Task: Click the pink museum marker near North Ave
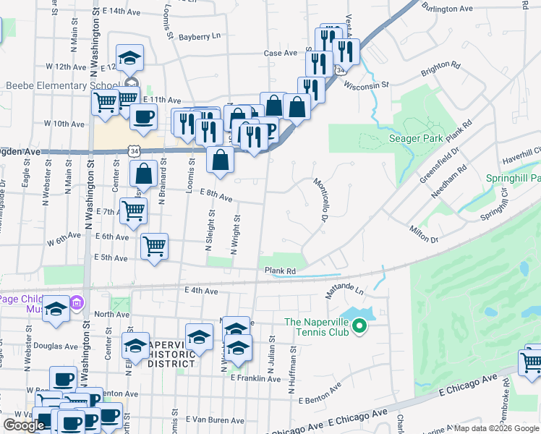point(77,302)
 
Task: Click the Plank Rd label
point(281,271)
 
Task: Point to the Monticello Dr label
point(320,200)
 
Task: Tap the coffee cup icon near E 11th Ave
point(143,116)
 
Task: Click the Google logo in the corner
point(24,425)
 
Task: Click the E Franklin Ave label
point(254,378)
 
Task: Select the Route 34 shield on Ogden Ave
point(132,150)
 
